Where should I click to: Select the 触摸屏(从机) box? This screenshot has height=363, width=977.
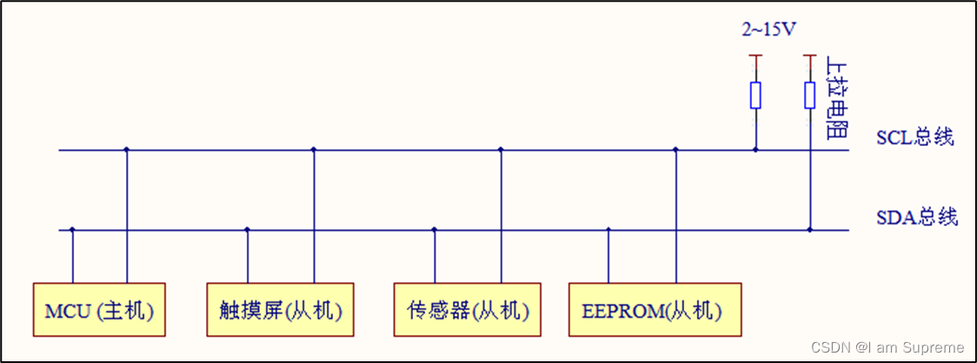[280, 309]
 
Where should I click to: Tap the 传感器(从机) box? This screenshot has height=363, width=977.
[467, 309]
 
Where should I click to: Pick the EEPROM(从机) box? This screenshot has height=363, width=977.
[655, 309]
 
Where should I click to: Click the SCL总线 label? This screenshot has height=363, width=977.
[914, 137]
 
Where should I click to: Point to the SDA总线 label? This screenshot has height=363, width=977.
[916, 217]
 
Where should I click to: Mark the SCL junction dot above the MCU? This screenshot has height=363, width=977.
[127, 150]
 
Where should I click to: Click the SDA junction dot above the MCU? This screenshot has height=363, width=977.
[73, 230]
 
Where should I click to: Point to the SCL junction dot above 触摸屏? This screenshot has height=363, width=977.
[314, 150]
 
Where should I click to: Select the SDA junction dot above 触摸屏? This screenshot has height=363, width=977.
[248, 230]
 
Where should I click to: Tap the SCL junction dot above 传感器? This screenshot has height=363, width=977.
[501, 150]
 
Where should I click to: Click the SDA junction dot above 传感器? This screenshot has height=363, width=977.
[435, 230]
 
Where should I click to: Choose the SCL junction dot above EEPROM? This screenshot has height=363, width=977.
[675, 150]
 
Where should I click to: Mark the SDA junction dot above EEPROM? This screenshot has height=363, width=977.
[608, 230]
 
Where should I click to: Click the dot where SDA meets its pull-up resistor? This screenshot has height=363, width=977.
[809, 230]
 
